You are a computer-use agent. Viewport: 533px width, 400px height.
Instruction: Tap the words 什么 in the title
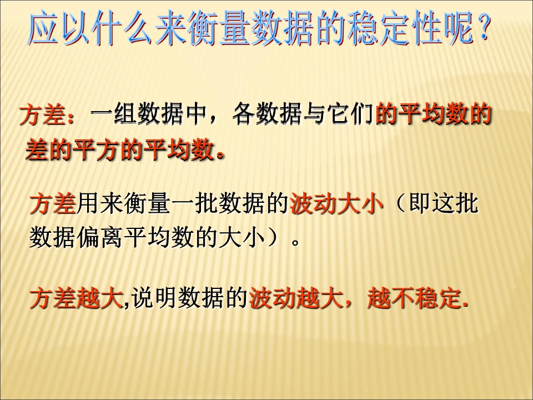tap(122, 28)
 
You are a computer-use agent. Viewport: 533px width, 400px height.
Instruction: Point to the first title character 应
tap(43, 28)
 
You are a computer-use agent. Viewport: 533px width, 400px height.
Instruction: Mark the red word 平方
tap(96, 149)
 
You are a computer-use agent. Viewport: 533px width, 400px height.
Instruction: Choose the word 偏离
tap(99, 237)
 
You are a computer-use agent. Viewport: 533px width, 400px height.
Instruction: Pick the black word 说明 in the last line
tap(154, 298)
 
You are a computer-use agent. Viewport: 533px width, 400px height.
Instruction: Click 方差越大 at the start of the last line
tap(76, 298)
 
